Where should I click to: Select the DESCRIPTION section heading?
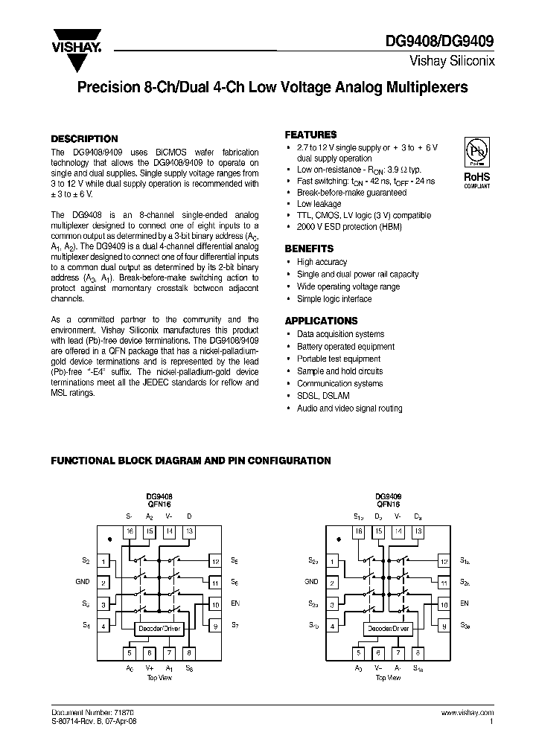point(83,138)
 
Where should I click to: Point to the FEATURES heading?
point(310,135)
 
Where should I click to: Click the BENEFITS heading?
point(309,249)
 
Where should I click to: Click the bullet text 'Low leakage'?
point(319,204)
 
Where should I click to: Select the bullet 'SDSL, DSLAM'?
point(325,396)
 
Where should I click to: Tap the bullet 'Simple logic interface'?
point(334,299)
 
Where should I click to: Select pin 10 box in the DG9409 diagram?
point(444,604)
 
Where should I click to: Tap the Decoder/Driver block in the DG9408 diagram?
point(159,629)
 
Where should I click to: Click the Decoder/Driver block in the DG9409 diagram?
point(388,629)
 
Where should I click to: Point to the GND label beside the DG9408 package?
point(82,583)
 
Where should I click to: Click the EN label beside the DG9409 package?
point(465,604)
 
